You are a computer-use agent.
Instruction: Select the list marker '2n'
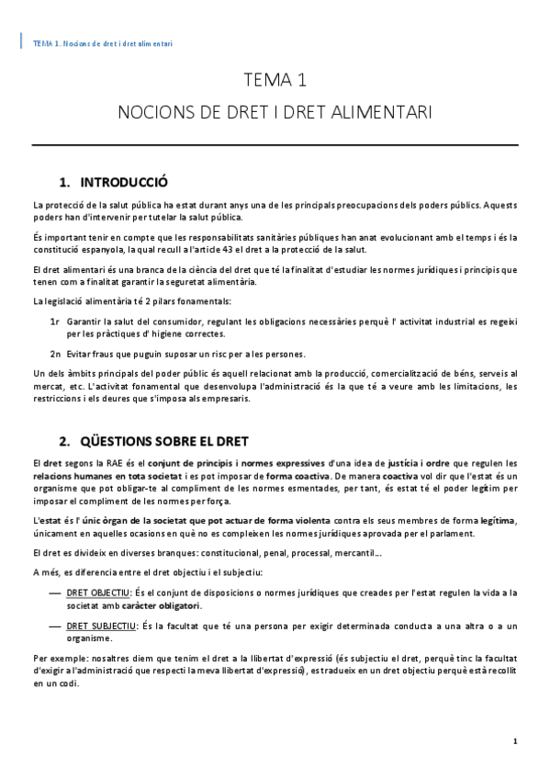[55, 354]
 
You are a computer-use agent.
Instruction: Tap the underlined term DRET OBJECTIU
[100, 594]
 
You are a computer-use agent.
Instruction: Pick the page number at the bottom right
[516, 740]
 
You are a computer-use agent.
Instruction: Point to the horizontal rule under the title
[275, 145]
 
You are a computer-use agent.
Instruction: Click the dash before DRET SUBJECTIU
[55, 626]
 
